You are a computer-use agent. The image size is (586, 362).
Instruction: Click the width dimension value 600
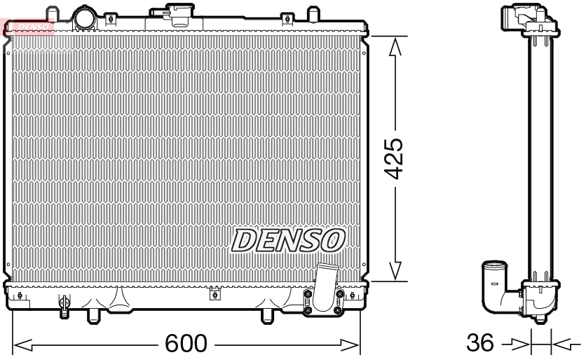click(x=186, y=343)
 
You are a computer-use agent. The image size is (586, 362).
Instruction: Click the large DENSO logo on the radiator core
click(x=287, y=240)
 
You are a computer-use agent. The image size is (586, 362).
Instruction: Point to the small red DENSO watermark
click(x=29, y=27)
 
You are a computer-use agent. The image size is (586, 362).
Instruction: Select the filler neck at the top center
click(x=171, y=13)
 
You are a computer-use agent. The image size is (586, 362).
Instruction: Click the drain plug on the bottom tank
click(x=64, y=305)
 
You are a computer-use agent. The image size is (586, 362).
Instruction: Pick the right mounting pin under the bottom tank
click(x=267, y=317)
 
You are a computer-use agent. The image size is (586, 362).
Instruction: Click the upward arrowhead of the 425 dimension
click(x=395, y=46)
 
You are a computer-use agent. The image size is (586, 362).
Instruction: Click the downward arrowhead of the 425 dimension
click(x=395, y=271)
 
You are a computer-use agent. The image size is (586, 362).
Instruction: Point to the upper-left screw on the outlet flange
click(x=307, y=296)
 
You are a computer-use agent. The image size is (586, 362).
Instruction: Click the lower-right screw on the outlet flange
click(x=339, y=310)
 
